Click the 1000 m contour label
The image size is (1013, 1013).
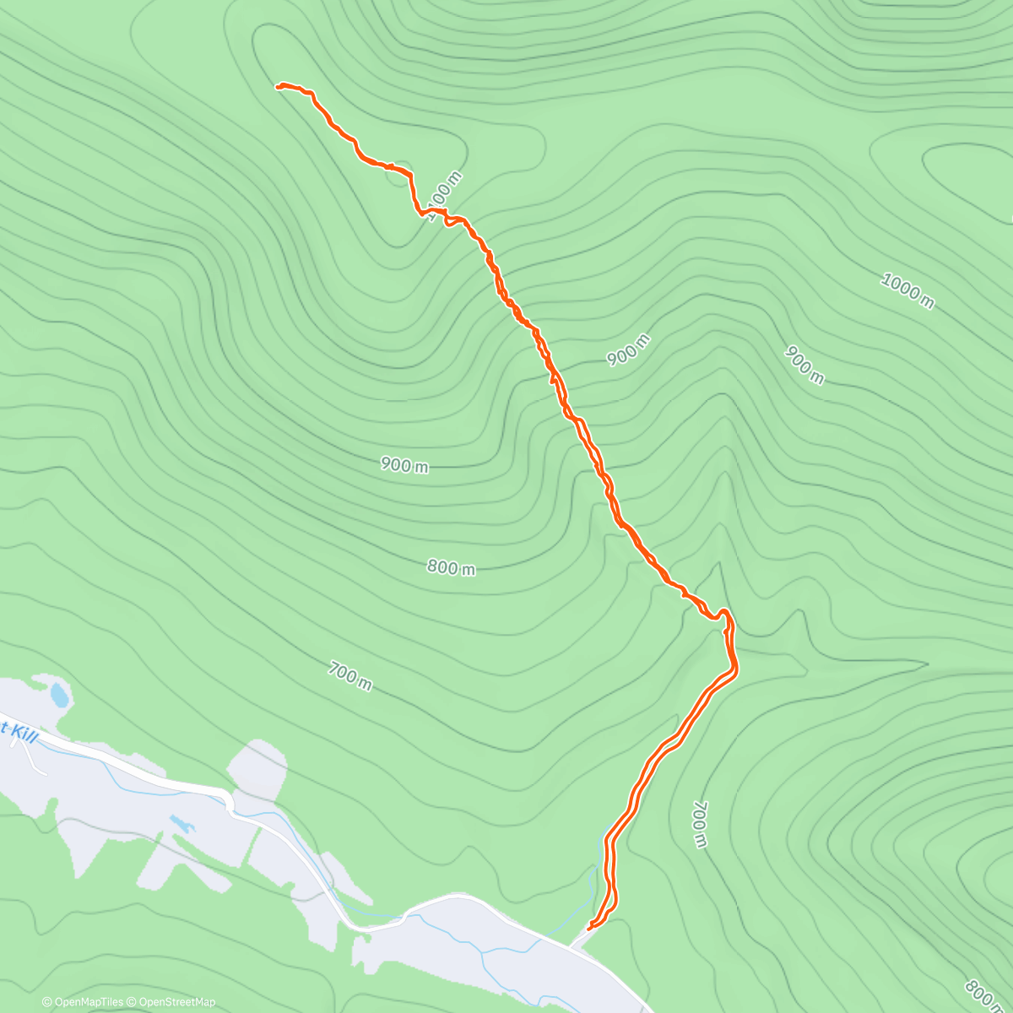click(907, 291)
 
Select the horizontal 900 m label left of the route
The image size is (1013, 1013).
click(404, 464)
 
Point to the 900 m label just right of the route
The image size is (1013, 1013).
click(628, 349)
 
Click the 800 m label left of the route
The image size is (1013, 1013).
click(451, 568)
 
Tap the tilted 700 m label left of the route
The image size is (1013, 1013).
click(349, 676)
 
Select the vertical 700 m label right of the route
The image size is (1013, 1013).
click(699, 825)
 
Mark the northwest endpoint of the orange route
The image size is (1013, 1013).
click(278, 86)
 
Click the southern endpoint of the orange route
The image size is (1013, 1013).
click(588, 928)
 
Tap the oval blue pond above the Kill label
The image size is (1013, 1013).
click(59, 696)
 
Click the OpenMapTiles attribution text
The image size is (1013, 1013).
click(83, 1002)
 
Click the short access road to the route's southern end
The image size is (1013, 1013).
click(579, 938)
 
